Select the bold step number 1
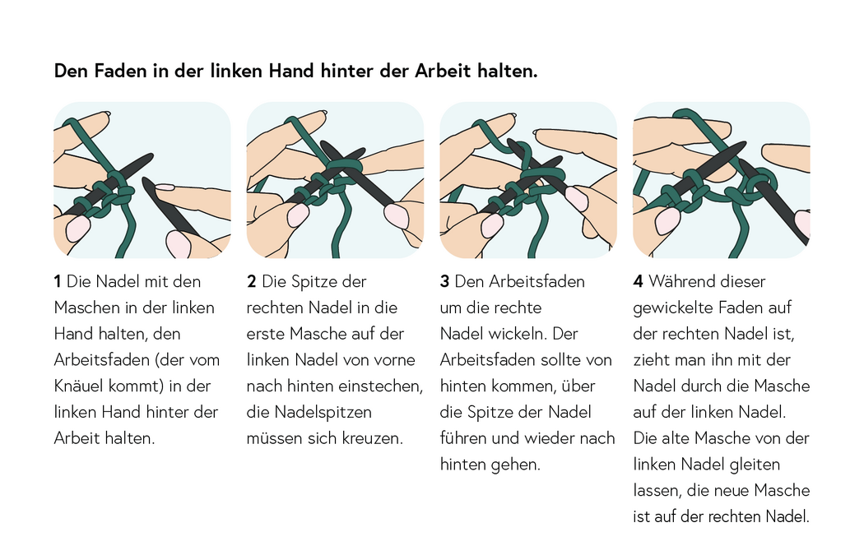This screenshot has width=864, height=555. [58, 281]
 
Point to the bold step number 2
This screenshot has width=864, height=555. [252, 281]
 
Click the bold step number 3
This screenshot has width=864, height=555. [444, 281]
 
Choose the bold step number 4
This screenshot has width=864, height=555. [638, 281]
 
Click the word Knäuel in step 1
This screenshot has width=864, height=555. [82, 386]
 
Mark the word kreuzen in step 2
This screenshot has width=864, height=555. [374, 437]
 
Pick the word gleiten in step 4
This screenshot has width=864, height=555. [755, 465]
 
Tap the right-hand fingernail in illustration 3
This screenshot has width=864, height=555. [577, 198]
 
